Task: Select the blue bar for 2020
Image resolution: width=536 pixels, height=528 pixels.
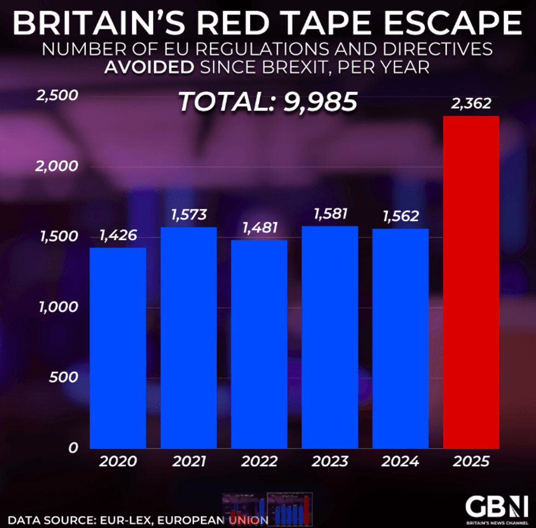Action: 118,348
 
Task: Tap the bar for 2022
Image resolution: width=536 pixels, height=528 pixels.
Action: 259,344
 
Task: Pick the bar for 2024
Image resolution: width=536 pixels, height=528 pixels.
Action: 400,338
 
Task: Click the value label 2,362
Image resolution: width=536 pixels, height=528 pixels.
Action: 471,103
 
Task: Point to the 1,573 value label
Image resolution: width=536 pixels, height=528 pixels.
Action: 189,214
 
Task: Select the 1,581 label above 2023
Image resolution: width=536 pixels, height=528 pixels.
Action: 330,213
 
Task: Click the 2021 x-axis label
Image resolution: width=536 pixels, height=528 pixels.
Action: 189,462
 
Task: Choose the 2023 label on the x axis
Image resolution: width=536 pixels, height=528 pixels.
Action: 330,462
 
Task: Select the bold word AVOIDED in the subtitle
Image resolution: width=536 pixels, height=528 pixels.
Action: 148,68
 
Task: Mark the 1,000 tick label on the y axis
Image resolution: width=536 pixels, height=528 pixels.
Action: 56,307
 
